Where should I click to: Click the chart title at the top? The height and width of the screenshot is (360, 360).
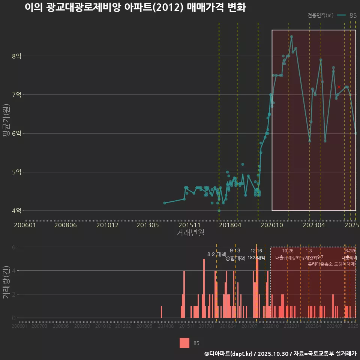[135, 7]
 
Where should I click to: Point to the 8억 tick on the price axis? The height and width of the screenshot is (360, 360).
[16, 56]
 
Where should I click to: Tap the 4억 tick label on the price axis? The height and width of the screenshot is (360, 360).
[16, 211]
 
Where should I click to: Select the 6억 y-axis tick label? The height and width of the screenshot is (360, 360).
[16, 133]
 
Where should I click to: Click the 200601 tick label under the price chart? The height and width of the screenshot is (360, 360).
[24, 225]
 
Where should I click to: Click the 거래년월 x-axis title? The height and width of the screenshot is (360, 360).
[190, 232]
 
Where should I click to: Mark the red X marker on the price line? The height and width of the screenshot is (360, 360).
[339, 87]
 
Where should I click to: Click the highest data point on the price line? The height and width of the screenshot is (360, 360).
[292, 37]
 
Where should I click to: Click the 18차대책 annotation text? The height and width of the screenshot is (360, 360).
[256, 258]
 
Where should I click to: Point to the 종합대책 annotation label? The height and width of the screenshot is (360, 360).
[235, 258]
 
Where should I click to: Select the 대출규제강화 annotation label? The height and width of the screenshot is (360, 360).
[288, 258]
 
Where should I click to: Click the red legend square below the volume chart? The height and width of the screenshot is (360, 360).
[184, 343]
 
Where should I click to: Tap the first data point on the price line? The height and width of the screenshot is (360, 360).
[165, 203]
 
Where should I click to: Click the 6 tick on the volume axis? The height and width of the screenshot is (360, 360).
[14, 247]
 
